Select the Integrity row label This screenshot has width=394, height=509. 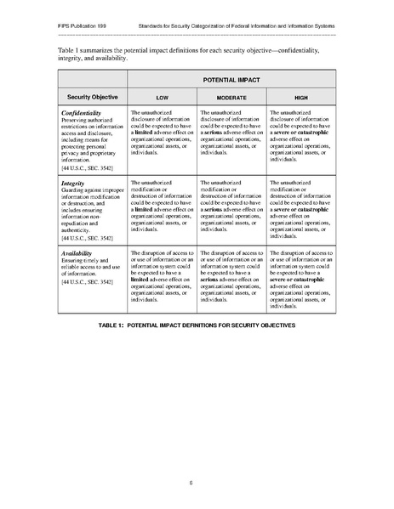point(72,183)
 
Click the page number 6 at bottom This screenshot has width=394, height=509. point(197,482)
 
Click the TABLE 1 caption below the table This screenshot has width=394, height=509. point(197,326)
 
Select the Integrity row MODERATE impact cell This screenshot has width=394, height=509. point(231,205)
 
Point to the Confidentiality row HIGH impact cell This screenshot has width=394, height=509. point(300,136)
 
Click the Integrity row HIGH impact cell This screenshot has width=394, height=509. point(300,208)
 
